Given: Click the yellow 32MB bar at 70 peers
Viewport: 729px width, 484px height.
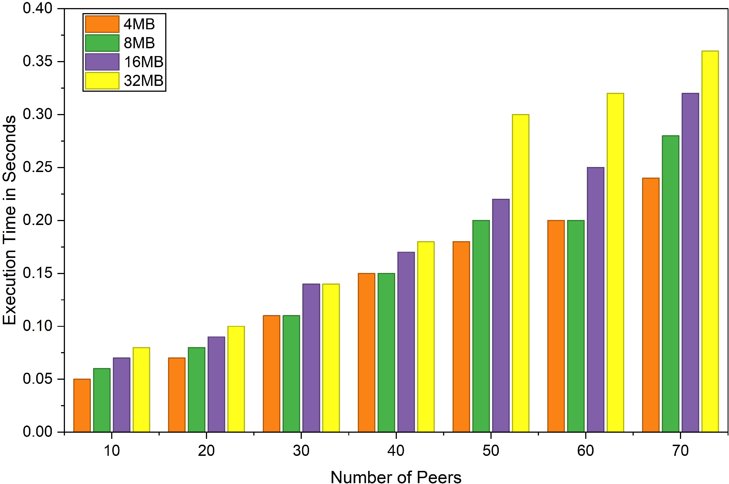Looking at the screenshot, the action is point(710,241).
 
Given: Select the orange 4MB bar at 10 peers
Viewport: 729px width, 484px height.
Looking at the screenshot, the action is point(82,405).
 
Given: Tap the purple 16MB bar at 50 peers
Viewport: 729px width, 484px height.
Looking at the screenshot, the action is point(501,316).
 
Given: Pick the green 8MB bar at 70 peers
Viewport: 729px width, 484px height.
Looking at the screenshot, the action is point(670,284).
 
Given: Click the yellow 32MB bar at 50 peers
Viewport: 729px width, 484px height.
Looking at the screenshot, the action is point(521,273).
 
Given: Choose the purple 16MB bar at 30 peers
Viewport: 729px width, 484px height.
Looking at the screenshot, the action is point(311,358).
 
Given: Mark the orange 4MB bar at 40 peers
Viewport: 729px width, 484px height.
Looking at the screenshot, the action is point(366,352).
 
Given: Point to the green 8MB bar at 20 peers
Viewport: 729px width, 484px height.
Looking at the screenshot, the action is point(196,389).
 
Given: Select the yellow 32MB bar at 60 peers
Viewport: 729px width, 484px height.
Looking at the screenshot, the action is point(615,263).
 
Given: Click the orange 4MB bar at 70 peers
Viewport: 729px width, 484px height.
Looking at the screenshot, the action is point(651,305).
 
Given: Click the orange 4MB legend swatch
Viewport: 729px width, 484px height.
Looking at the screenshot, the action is point(102,24).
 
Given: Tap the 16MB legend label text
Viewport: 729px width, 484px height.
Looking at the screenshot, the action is point(144,62).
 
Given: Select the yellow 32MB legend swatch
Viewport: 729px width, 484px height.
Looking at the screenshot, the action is point(102,81).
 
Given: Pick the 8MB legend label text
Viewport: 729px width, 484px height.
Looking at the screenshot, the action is point(139,43).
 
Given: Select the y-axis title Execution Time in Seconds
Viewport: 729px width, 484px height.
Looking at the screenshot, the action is point(10,220).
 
